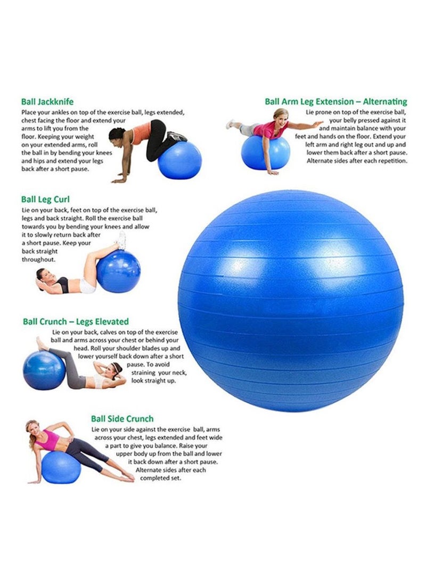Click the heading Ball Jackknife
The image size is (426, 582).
pyautogui.click(x=47, y=102)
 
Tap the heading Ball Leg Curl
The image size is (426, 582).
pyautogui.click(x=45, y=200)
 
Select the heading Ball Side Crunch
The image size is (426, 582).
pyautogui.click(x=122, y=419)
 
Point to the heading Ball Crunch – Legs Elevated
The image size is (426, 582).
pyautogui.click(x=76, y=322)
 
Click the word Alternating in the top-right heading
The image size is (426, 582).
pyautogui.click(x=385, y=102)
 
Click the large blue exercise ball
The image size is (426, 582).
pyautogui.click(x=290, y=301)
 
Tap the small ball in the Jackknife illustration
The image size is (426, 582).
pyautogui.click(x=179, y=160)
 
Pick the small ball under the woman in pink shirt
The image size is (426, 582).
pyautogui.click(x=266, y=153)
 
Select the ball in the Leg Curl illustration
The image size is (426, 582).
pyautogui.click(x=119, y=271)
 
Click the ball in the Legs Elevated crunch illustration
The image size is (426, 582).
pyautogui.click(x=44, y=370)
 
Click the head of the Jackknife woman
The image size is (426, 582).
pyautogui.click(x=116, y=134)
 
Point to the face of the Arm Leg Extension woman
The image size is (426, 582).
pyautogui.click(x=283, y=117)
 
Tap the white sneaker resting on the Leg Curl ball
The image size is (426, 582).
pyautogui.click(x=121, y=241)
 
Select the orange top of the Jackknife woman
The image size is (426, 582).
pyautogui.click(x=141, y=132)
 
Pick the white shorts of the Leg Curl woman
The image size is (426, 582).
pyautogui.click(x=88, y=286)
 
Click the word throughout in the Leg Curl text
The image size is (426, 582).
pyautogui.click(x=38, y=259)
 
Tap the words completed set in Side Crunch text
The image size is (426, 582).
pyautogui.click(x=160, y=478)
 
